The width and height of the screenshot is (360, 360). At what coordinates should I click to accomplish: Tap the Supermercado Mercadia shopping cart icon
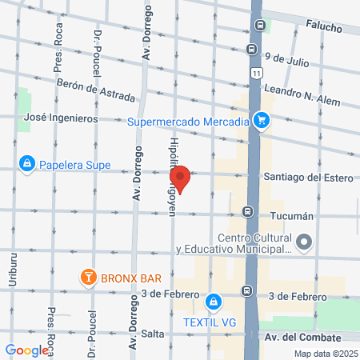click(x=262, y=122)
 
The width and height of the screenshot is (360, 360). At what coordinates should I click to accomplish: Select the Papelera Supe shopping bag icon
click(x=28, y=164)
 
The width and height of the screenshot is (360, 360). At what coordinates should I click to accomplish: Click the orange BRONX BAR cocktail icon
click(x=87, y=278)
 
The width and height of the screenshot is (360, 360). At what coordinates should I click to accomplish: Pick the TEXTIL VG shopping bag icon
click(x=213, y=302)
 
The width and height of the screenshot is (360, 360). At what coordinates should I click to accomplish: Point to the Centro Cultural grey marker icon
click(x=304, y=242)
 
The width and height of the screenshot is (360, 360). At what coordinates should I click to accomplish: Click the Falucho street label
click(x=322, y=28)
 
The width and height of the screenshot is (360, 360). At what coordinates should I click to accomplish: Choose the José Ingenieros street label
click(x=61, y=118)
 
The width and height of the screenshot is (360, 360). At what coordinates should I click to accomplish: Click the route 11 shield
click(x=254, y=73)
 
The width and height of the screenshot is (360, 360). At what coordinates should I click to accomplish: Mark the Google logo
click(x=26, y=350)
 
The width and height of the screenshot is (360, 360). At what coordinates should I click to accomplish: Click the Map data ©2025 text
click(x=325, y=354)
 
